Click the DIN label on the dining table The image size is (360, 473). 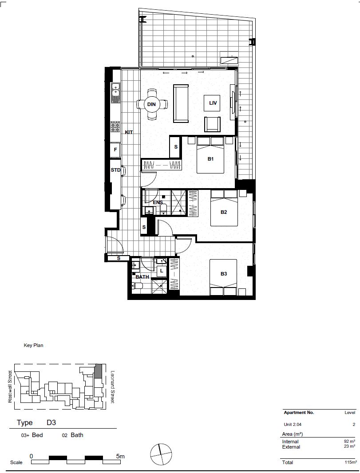pos(152,104)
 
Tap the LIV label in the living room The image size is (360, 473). pos(213,103)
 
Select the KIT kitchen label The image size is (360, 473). pos(129,132)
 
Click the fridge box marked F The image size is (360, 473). pos(115,150)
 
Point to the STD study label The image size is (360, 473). pos(115,170)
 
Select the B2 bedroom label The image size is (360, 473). pos(224,212)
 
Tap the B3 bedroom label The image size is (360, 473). pos(224,274)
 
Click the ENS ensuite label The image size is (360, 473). pos(158,202)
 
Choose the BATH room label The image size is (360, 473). pos(142,277)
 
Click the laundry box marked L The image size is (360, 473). pos(161,270)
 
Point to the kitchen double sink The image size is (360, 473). pos(115,90)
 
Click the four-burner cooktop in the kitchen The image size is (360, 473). pos(115,127)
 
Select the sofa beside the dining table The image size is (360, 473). pos(180,103)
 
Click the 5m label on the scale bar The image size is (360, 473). pos(120,456)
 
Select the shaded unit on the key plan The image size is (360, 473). pos(99,371)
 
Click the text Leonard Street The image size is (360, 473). pos(112,387)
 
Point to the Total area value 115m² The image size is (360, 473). pos(350,462)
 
